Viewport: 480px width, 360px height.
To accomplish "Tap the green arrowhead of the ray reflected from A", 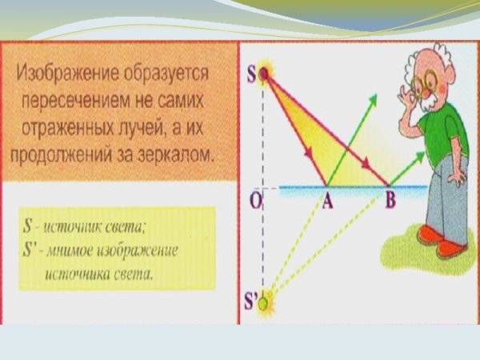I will (372, 98).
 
